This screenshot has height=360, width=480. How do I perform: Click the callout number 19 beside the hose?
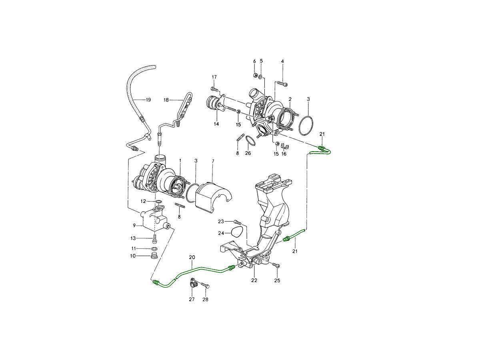[148, 100]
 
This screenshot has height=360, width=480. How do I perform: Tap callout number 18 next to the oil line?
[166, 100]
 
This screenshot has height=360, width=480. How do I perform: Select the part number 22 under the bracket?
[254, 280]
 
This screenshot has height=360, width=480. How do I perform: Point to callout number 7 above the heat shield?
[213, 161]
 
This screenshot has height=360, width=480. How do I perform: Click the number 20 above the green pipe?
[192, 257]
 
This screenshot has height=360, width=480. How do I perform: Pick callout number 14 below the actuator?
[216, 124]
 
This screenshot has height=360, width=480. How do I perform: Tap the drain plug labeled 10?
[154, 255]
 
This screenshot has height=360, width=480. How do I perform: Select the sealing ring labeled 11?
[154, 249]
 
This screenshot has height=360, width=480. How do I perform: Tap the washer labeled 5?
[261, 77]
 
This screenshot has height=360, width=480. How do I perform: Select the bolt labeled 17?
[214, 89]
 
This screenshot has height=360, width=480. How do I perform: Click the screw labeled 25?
[276, 265]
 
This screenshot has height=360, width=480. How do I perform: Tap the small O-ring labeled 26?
[250, 140]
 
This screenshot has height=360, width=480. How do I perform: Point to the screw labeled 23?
[238, 222]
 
